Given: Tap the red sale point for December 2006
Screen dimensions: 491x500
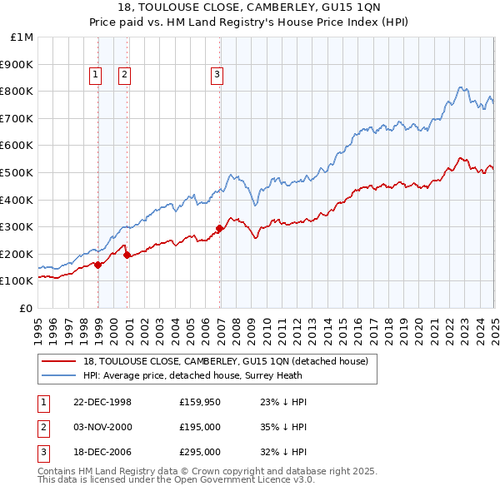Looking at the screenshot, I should (220, 228).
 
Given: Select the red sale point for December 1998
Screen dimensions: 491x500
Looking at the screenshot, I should (98, 265).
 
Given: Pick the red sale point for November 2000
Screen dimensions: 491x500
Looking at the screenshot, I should (127, 255).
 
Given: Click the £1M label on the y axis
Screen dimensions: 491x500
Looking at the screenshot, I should (22, 37).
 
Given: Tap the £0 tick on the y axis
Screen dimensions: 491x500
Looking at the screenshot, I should (27, 308).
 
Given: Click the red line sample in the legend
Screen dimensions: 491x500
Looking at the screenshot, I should (59, 360).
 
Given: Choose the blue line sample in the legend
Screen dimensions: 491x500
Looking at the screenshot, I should (59, 374).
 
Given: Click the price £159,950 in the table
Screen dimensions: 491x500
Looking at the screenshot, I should (199, 401).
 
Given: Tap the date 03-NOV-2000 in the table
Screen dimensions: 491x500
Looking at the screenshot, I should (103, 426).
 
